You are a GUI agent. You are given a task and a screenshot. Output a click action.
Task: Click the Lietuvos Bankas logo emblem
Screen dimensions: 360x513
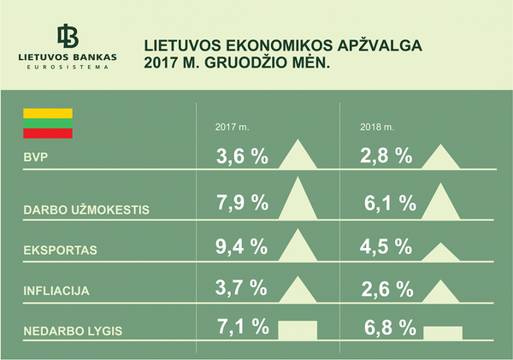(x=68, y=36)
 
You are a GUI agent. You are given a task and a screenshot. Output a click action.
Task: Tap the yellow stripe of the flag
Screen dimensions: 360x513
(x=48, y=113)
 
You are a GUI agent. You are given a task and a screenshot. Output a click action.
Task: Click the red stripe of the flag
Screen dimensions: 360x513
(x=48, y=133)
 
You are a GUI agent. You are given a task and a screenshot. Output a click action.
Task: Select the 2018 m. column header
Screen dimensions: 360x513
(x=376, y=128)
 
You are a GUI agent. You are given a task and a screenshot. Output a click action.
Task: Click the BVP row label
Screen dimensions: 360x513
(x=35, y=157)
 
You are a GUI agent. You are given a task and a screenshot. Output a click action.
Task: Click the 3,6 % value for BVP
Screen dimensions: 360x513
(x=242, y=156)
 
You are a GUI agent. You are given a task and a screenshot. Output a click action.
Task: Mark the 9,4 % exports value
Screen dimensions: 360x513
(x=242, y=249)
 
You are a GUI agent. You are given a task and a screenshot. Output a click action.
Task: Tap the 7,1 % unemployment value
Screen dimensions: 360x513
(x=242, y=328)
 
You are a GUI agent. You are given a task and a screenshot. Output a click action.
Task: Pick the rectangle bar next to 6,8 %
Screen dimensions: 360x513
(x=443, y=332)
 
